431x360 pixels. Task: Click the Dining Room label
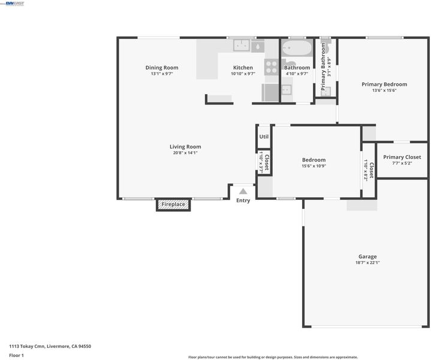162,67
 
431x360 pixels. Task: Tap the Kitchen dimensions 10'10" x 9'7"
243,74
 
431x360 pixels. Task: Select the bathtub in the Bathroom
297,48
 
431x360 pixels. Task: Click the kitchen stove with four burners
272,67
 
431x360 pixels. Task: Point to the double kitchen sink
242,46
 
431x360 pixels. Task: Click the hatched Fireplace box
173,205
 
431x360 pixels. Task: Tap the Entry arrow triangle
243,191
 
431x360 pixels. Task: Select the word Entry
243,200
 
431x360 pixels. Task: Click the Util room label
264,137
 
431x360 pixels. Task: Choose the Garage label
367,257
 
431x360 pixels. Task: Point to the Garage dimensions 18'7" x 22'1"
367,263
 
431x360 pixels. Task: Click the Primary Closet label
402,157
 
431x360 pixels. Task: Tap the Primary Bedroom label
384,85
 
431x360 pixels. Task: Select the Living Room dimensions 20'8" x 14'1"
185,153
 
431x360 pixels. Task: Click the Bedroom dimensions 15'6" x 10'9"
314,166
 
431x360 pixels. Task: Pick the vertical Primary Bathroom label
323,67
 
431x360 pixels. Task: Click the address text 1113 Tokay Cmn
27,346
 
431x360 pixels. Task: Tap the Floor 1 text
17,355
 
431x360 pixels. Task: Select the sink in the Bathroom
286,90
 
